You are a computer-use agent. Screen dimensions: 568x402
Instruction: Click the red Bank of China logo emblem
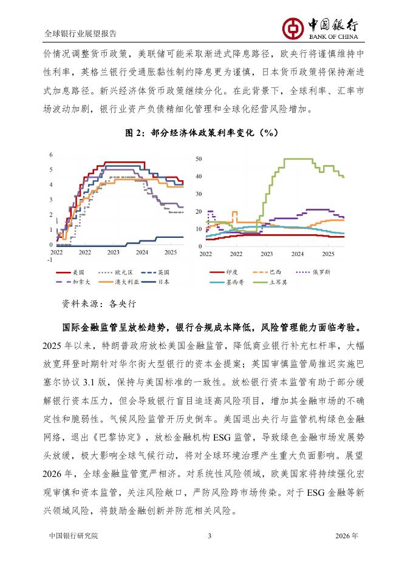(294, 26)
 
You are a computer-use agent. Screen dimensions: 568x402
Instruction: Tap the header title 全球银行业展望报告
(81, 33)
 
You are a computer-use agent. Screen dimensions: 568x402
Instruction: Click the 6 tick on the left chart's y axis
(52, 154)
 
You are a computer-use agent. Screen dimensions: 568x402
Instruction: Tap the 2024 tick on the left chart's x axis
(141, 251)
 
